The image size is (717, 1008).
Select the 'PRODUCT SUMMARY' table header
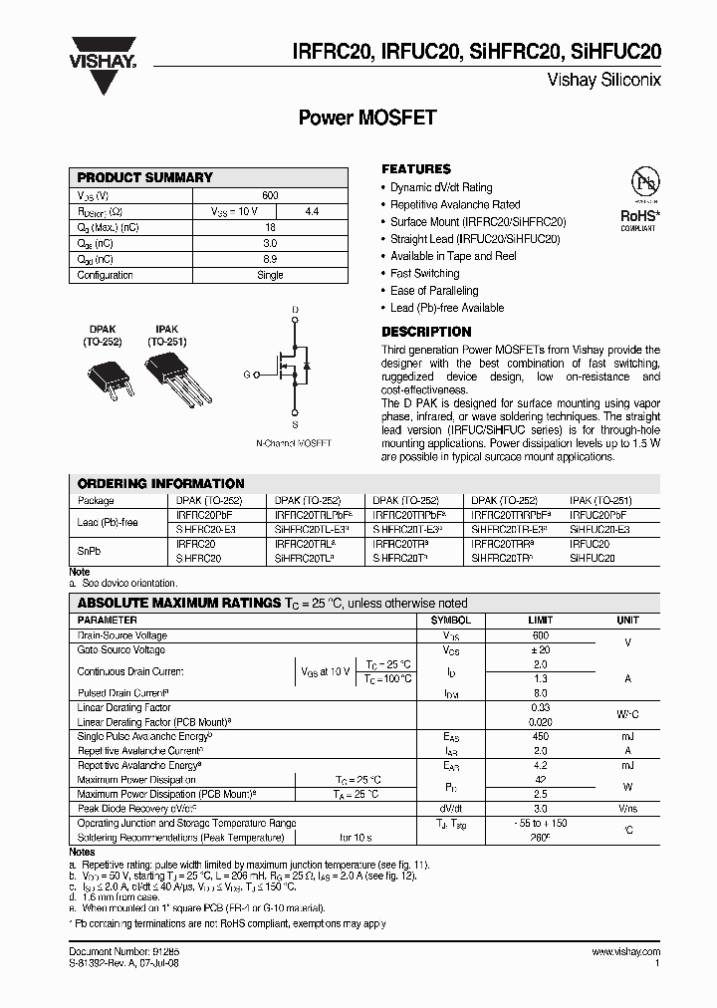[x=145, y=177]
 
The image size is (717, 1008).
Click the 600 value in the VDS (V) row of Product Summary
[x=270, y=195]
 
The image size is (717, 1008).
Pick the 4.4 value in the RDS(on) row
[x=311, y=211]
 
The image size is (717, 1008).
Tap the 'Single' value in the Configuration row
[x=270, y=275]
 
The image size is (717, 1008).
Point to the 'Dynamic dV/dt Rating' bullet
[x=440, y=187]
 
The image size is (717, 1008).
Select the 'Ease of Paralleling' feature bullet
[x=436, y=291]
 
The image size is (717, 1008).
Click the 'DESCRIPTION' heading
[x=426, y=332]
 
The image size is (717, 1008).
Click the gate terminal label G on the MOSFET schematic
[x=245, y=376]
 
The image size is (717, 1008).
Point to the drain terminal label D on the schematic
[x=294, y=311]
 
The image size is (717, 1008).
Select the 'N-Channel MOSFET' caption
[x=294, y=442]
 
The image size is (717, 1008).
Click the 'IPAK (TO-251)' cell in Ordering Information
[x=599, y=500]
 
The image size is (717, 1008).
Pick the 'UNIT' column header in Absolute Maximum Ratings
[x=627, y=620]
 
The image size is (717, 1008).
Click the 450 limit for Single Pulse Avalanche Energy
[x=540, y=736]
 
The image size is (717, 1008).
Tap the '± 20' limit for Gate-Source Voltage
[x=540, y=649]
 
